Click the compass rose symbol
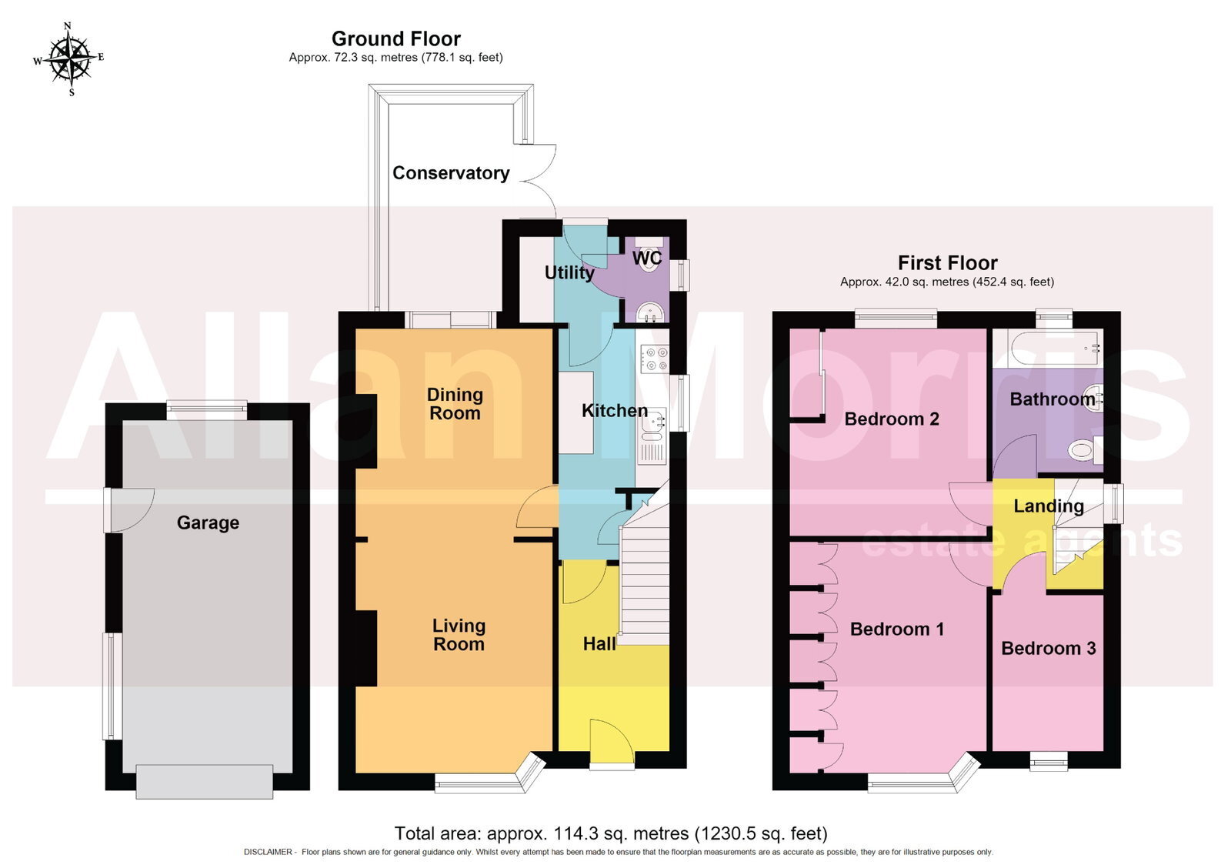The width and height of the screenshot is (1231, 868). (x=68, y=58)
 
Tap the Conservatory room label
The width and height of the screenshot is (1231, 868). (x=451, y=173)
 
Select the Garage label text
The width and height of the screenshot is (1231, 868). (x=208, y=522)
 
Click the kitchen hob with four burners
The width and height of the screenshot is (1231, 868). (x=653, y=358)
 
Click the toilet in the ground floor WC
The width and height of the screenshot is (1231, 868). (x=650, y=255)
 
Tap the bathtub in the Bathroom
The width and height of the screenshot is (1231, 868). (x=1055, y=348)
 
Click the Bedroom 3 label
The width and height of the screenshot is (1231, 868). (x=1048, y=648)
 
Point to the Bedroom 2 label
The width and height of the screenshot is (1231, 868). (x=892, y=419)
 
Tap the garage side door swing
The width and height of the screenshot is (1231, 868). (x=130, y=510)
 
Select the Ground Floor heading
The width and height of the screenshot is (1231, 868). (x=395, y=38)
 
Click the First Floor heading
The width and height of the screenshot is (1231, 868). (x=947, y=262)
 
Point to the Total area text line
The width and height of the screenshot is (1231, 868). (x=611, y=833)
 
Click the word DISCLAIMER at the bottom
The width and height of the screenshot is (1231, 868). (x=269, y=852)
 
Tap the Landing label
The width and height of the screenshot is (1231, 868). (x=1048, y=506)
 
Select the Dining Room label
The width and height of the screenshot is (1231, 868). (x=455, y=403)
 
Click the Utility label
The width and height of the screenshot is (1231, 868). (x=569, y=272)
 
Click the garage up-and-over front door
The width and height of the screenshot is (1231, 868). (x=205, y=781)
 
